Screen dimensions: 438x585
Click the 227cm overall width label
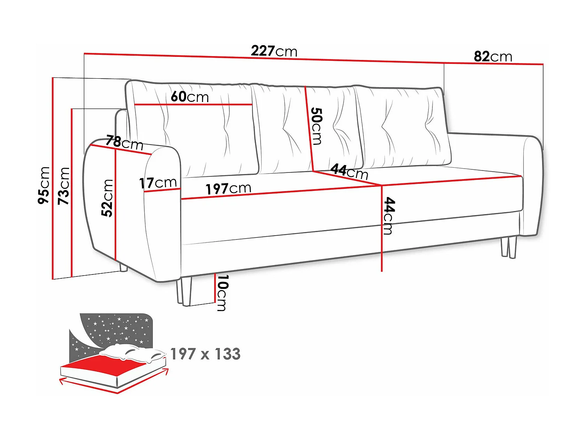tap(274, 51)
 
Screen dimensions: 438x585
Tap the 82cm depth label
tap(493, 56)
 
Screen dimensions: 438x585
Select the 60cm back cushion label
tap(190, 97)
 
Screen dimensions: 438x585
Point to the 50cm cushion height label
tap(316, 126)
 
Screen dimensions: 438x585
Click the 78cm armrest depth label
tap(125, 142)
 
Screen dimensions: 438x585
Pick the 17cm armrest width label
tap(158, 182)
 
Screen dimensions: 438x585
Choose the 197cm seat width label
tap(229, 188)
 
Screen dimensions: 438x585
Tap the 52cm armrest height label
tap(107, 198)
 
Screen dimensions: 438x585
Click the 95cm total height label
tap(44, 185)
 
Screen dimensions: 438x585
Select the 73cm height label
tap(64, 186)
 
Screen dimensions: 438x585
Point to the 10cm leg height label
tap(222, 293)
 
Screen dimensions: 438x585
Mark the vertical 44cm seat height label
tap(389, 216)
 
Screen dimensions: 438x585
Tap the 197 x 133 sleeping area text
tap(206, 354)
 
